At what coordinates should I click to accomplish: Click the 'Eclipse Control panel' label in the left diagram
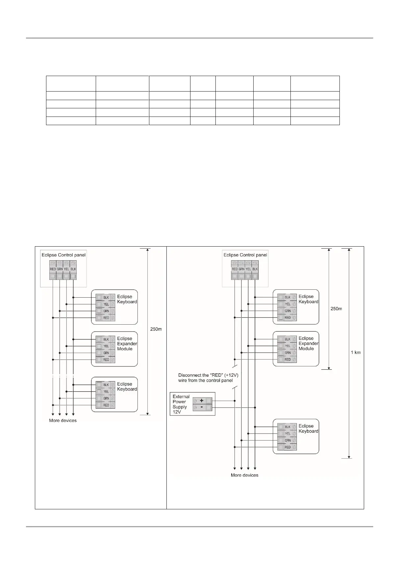63,255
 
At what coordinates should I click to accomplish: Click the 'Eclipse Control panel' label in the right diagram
245,255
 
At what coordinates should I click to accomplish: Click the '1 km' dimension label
356,352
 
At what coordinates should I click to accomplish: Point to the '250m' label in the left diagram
156,329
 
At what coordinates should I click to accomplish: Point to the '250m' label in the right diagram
336,309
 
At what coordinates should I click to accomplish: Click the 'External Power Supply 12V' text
181,404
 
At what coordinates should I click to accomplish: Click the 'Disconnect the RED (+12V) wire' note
206,378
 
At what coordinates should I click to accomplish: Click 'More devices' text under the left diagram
63,420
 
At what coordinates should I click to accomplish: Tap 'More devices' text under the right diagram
244,475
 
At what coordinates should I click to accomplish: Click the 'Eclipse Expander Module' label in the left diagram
127,344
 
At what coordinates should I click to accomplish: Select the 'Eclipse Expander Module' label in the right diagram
308,343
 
